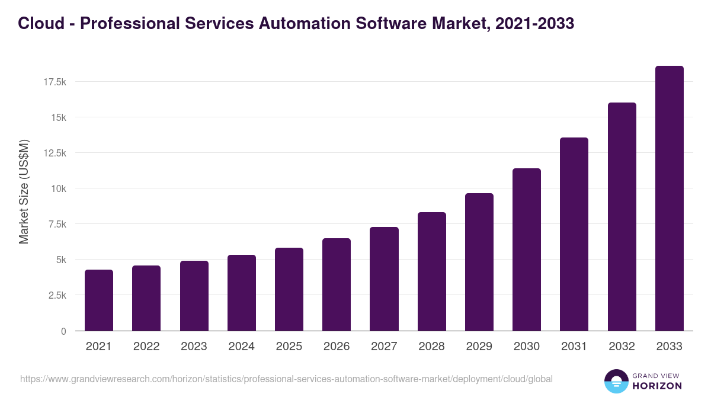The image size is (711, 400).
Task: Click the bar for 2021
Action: [x=99, y=300]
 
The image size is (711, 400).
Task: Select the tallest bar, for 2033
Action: [x=669, y=199]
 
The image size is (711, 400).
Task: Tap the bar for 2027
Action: [x=384, y=279]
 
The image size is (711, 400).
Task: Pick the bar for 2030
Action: [x=527, y=249]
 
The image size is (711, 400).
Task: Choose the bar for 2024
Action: [x=242, y=293]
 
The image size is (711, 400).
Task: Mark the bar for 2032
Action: [x=622, y=217]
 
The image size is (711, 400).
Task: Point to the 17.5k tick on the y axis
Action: [x=55, y=82]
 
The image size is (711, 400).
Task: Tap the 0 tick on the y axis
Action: [x=63, y=331]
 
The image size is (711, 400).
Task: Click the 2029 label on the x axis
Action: [x=479, y=347]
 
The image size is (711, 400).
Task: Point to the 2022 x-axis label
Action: [x=146, y=347]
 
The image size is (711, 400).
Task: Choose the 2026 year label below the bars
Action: [x=337, y=347]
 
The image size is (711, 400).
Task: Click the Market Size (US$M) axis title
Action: [x=24, y=192]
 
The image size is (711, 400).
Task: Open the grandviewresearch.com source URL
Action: [x=286, y=379]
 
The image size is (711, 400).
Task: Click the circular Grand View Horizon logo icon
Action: [x=616, y=381]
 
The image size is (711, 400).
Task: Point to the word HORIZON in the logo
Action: [x=658, y=386]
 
